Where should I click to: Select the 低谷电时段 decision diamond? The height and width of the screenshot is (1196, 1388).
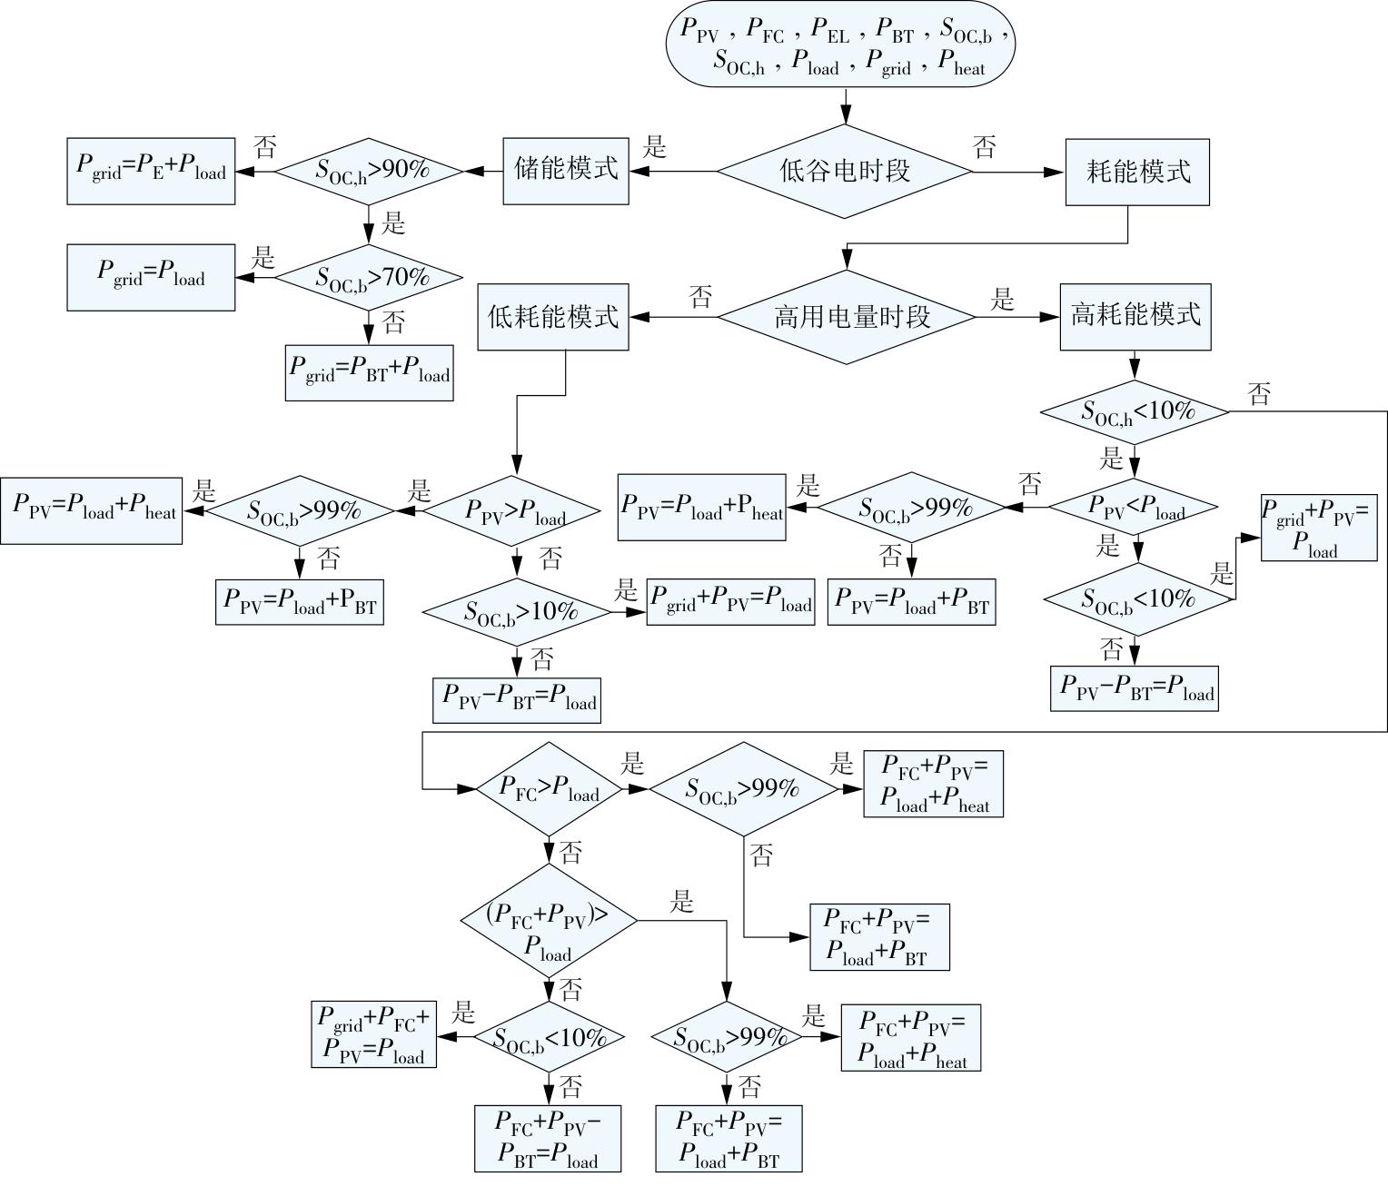pos(845,171)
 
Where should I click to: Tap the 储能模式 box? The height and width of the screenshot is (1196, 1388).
pos(566,171)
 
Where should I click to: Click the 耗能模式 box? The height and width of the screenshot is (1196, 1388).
pos(1136,172)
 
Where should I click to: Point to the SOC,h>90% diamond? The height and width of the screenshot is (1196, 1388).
pos(369,170)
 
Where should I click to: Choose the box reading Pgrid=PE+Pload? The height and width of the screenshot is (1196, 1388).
pos(151,171)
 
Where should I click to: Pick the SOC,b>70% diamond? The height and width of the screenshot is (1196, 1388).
pos(369,277)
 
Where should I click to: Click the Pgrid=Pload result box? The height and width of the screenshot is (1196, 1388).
pos(151,277)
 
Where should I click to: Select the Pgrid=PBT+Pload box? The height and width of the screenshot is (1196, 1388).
pos(369,371)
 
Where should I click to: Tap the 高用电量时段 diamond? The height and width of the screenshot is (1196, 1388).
pos(847,317)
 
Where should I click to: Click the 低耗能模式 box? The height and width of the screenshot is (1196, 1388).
pos(553,317)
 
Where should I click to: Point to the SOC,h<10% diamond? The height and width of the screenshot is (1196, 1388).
pos(1135,411)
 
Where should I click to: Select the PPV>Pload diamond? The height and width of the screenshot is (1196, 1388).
pos(515,511)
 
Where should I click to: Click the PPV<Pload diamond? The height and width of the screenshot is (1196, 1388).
pos(1135,508)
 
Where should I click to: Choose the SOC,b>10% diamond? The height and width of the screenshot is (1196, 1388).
pos(517,612)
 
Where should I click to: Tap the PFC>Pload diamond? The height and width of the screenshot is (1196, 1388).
pos(549,788)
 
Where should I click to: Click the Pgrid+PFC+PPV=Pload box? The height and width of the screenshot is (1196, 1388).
pos(373,1034)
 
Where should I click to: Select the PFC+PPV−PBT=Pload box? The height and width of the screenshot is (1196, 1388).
pos(547,1138)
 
